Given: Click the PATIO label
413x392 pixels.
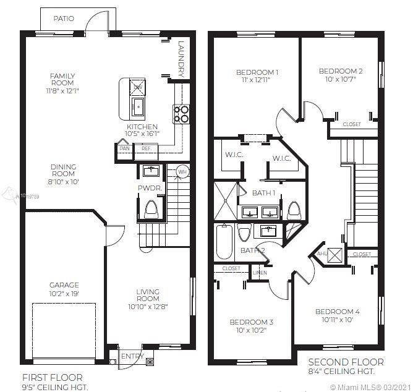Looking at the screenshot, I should click(63, 19).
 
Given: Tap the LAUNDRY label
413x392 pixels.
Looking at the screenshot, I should click(181, 59).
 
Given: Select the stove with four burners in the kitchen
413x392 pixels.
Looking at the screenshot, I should click(182, 114).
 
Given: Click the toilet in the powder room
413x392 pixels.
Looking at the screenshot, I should click(151, 210).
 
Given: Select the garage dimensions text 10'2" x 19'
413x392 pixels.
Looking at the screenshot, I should click(64, 294).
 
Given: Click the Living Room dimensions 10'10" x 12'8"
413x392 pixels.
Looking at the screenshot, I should click(148, 306).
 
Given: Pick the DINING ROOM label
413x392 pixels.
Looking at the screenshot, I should click(63, 167).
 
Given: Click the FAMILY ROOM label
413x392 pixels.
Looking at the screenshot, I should click(63, 79).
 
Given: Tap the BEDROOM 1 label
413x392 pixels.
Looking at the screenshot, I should click(257, 72).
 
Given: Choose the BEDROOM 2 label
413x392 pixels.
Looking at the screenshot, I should click(341, 71).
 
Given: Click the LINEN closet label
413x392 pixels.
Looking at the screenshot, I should click(260, 273).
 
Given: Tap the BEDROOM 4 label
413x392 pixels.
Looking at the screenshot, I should click(337, 312).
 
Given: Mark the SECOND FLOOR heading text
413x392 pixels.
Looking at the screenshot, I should click(346, 362).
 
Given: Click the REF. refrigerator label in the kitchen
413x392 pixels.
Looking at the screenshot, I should click(146, 148).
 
